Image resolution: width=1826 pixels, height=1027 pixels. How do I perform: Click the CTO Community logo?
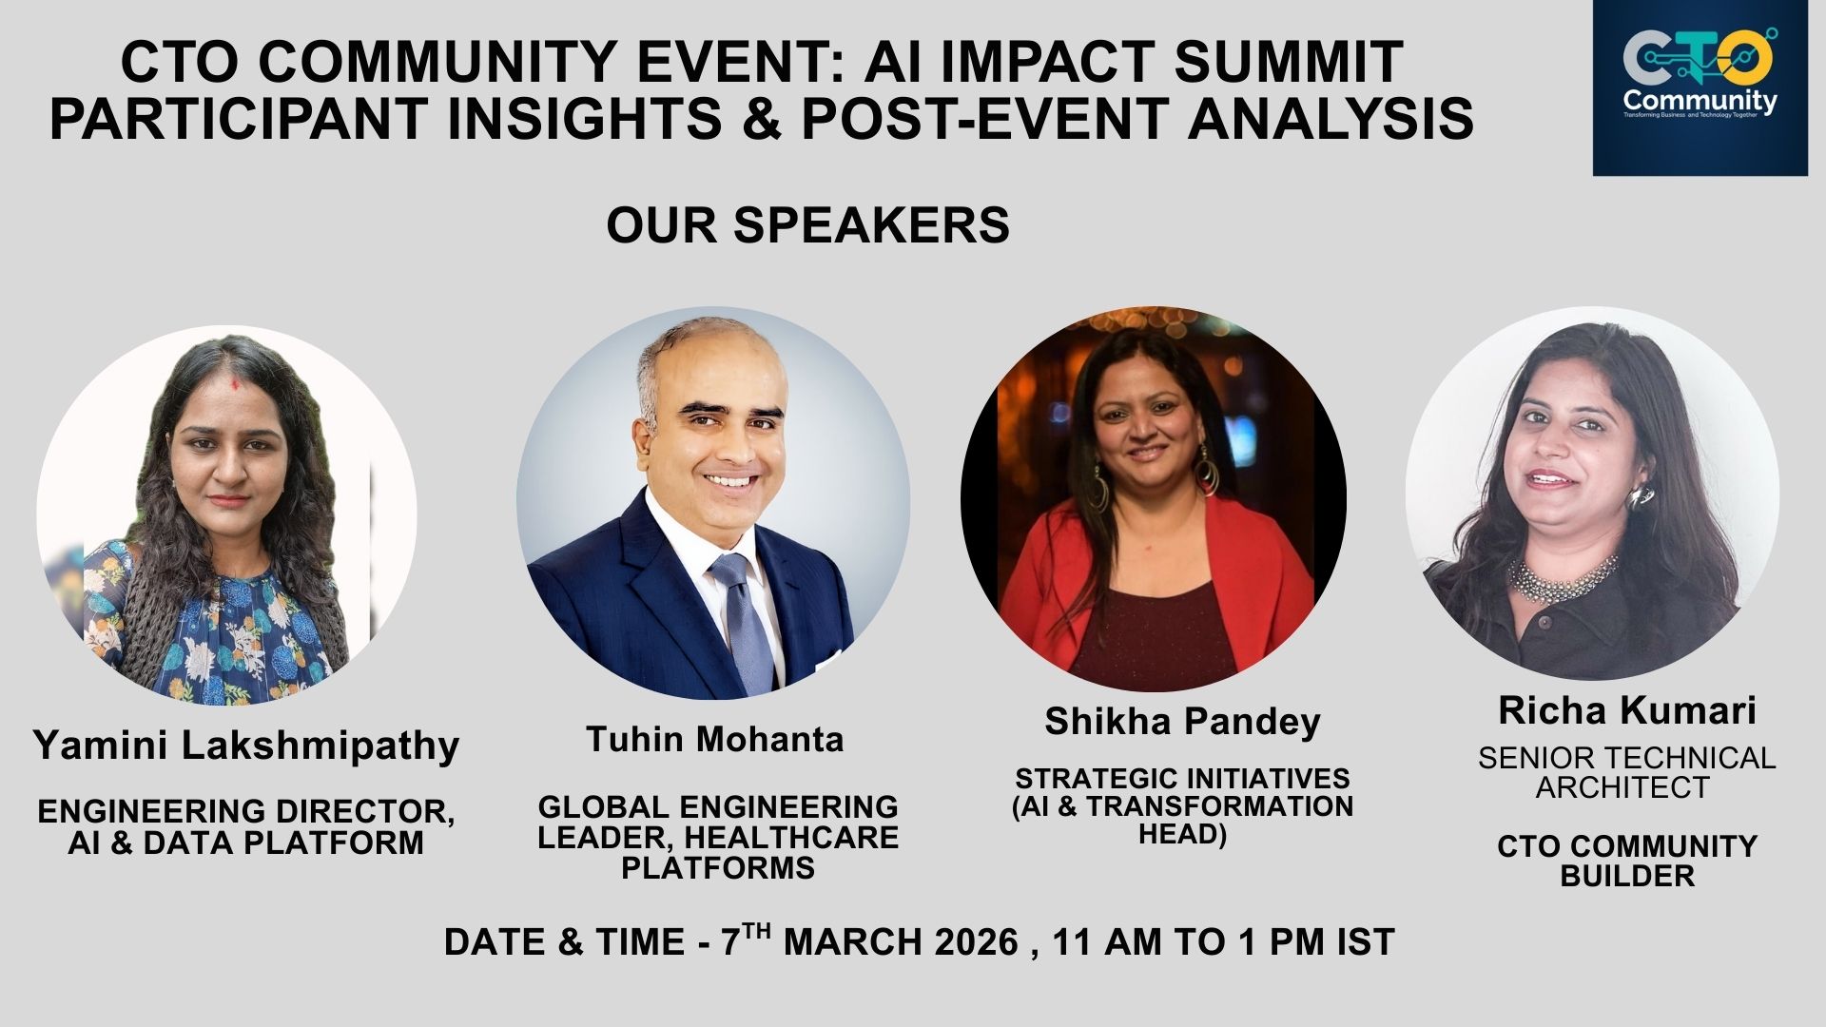tap(1700, 88)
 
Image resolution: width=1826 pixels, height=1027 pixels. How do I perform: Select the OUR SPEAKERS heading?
tap(808, 225)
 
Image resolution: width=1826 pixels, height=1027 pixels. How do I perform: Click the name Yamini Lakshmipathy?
tap(246, 745)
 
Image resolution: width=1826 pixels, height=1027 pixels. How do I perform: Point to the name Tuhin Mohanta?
tap(715, 739)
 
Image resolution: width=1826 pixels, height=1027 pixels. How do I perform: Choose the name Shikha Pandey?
tap(1183, 722)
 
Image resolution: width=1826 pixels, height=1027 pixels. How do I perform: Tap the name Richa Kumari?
tap(1627, 710)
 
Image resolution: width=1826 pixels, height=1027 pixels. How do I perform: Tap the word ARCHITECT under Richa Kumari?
tap(1622, 788)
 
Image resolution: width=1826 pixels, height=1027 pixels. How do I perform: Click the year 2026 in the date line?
tap(977, 942)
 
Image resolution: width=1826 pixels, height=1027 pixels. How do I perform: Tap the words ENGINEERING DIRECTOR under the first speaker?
tap(246, 812)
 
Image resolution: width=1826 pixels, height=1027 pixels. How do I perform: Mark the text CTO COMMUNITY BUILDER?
tap(1627, 861)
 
